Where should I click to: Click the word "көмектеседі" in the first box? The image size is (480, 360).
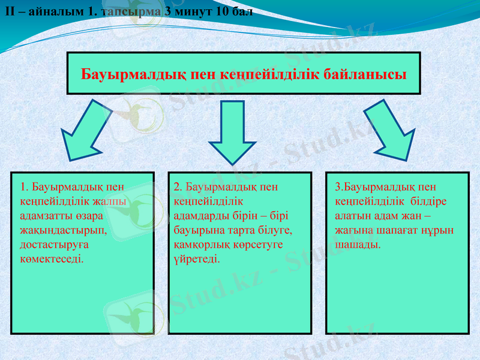coord(52,259)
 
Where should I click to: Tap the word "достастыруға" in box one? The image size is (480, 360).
coord(54,245)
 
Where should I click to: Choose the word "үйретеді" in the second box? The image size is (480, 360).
coord(196,259)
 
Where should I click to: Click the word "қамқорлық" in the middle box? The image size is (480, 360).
coord(200,245)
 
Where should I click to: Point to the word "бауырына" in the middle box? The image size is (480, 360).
coord(199,230)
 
